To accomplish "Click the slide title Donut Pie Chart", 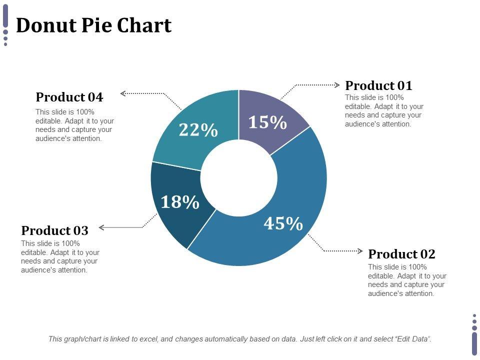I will tap(94, 25).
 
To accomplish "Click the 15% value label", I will tap(267, 122).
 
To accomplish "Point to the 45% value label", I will tap(283, 223).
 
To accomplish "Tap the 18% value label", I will tap(179, 202).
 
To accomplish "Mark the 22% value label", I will tap(198, 130).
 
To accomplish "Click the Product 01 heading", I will tap(378, 85).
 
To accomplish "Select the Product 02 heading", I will tap(401, 254).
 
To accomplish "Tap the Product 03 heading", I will tap(54, 230).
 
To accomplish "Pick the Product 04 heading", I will tap(69, 97).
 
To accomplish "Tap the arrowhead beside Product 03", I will tap(101, 227).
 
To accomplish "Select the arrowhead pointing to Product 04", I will tap(123, 92).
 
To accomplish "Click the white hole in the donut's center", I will tap(239, 178).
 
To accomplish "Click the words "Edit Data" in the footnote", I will tap(412, 339).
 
